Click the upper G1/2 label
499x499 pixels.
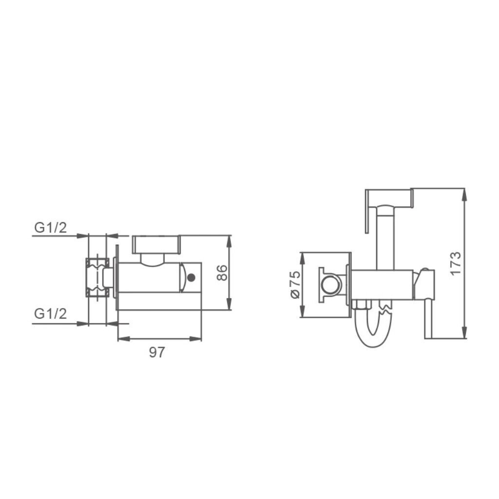(x=51, y=228)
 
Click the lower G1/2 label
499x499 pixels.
(x=51, y=314)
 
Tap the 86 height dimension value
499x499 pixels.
(x=222, y=273)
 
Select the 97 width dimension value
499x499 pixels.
(x=157, y=352)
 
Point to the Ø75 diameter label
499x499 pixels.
(x=295, y=285)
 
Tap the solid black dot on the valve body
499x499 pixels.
(x=191, y=278)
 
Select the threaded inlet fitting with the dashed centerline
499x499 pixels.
(x=97, y=277)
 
